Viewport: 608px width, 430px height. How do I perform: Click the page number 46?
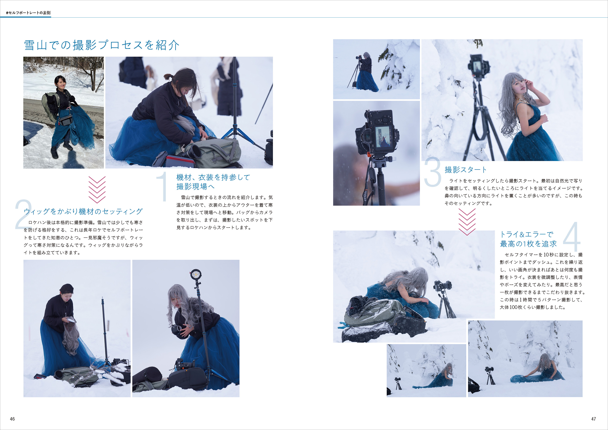pyautogui.click(x=12, y=419)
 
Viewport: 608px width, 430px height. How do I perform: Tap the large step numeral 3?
pyautogui.click(x=433, y=172)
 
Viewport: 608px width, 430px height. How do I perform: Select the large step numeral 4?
pyautogui.click(x=572, y=237)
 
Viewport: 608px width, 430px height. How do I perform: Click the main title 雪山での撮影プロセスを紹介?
pyautogui.click(x=102, y=45)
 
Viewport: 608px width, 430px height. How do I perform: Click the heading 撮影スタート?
pyautogui.click(x=466, y=170)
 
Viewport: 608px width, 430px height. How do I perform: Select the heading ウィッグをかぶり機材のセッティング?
pyautogui.click(x=83, y=211)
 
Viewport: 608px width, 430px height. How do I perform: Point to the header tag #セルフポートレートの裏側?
pyautogui.click(x=28, y=13)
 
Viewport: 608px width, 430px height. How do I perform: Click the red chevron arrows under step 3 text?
pyautogui.click(x=467, y=222)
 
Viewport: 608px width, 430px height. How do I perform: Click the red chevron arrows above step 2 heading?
pyautogui.click(x=97, y=190)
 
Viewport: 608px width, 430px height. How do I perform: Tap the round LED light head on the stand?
pyautogui.click(x=195, y=275)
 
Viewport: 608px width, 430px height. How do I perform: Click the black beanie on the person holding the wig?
pyautogui.click(x=66, y=288)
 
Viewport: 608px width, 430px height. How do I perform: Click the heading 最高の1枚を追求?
pyautogui.click(x=528, y=244)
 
